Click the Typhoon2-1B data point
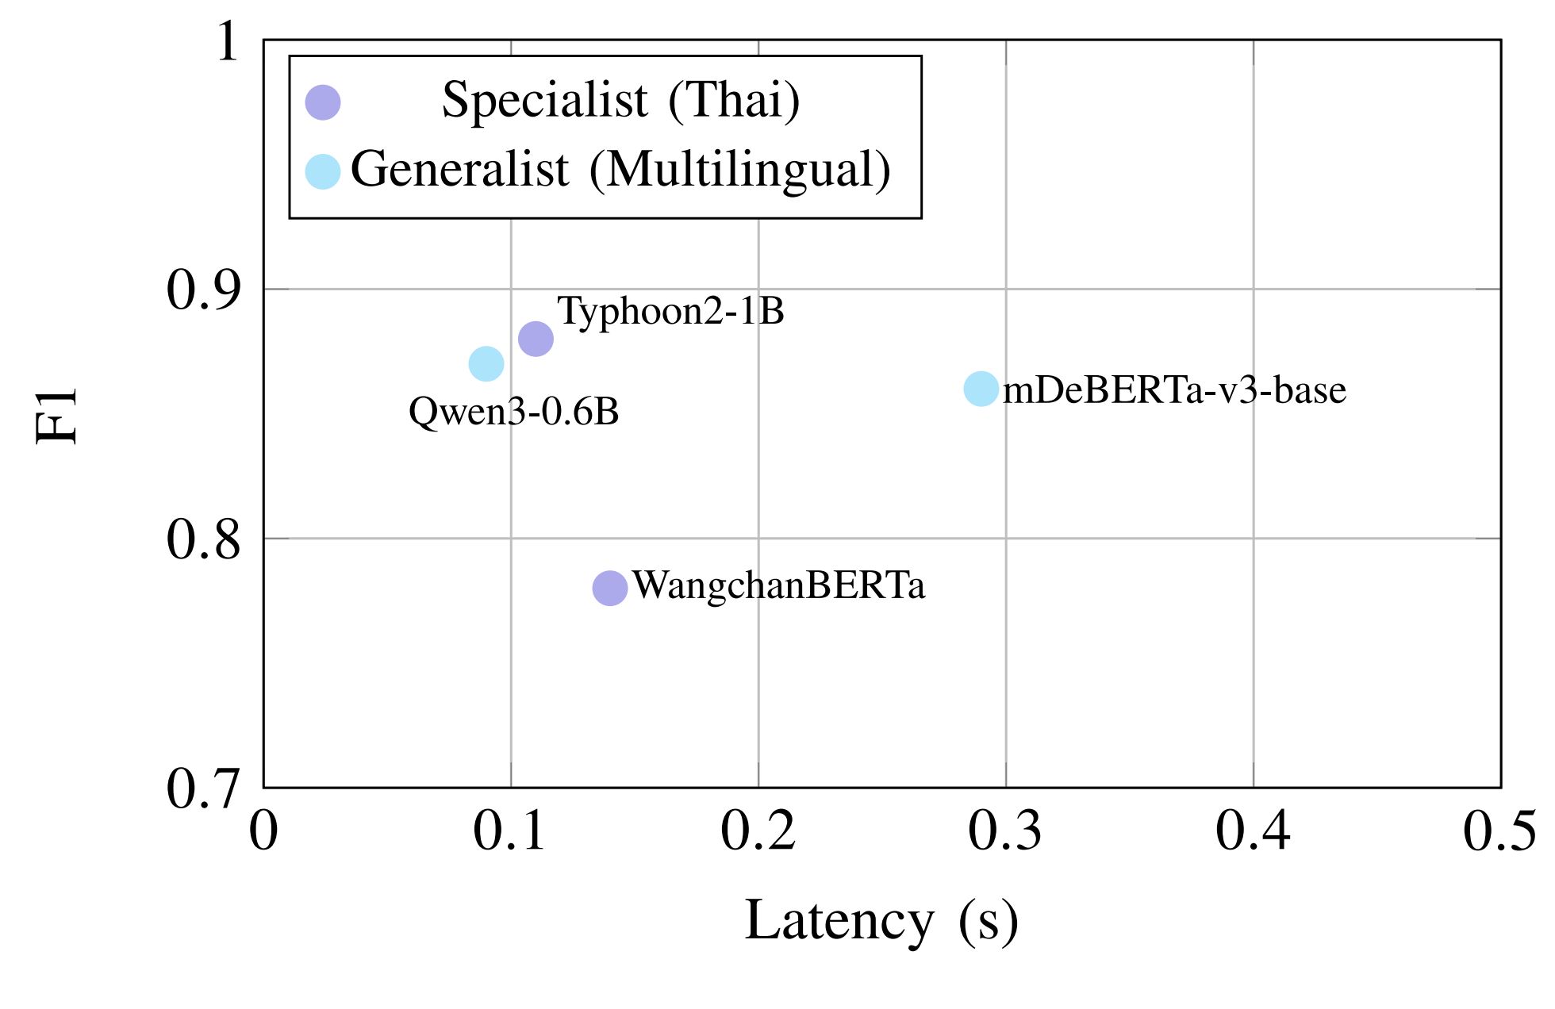coord(536,340)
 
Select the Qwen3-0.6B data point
coord(486,364)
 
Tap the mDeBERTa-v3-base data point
coord(981,389)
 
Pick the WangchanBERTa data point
coord(610,588)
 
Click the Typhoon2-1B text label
coord(670,310)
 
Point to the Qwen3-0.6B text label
coord(513,411)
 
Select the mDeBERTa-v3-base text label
coord(1174,390)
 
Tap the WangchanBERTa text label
coord(778,585)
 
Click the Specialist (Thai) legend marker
coord(323,102)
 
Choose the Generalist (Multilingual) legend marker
coord(323,171)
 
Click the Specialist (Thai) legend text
coord(620,101)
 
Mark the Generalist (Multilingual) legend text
coord(620,170)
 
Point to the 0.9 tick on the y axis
coord(203,290)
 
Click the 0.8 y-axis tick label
coord(203,539)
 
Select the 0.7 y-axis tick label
coord(203,788)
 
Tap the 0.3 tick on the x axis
coord(1005,831)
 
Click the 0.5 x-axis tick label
coord(1499,831)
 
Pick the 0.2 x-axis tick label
coord(758,831)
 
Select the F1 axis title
coord(57,414)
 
